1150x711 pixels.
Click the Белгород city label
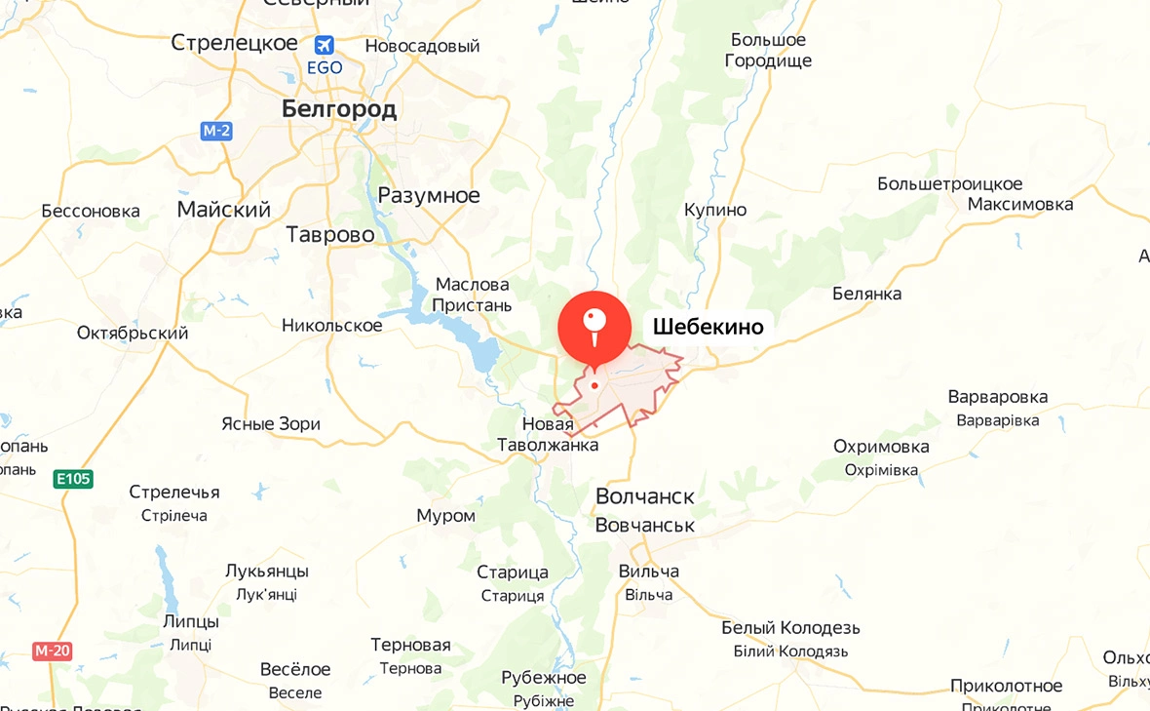pos(339,109)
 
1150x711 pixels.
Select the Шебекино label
pos(708,327)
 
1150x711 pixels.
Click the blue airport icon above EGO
pos(325,45)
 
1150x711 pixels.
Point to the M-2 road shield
pos(216,131)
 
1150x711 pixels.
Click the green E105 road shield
pos(73,478)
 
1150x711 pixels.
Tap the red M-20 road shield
pos(53,651)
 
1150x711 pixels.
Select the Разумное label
pos(429,195)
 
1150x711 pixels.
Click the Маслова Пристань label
pos(473,295)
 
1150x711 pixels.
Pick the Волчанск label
pos(645,496)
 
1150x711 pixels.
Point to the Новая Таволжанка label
pos(547,434)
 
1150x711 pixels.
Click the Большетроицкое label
pos(950,183)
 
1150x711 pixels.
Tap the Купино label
pos(715,210)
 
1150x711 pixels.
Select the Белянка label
pos(866,294)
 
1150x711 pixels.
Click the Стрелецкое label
pos(234,43)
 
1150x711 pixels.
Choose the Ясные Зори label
pos(271,423)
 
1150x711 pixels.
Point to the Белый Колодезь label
pos(790,627)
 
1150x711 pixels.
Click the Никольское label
pos(332,325)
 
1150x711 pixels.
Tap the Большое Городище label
pos(768,50)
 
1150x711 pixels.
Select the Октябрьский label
pos(133,333)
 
